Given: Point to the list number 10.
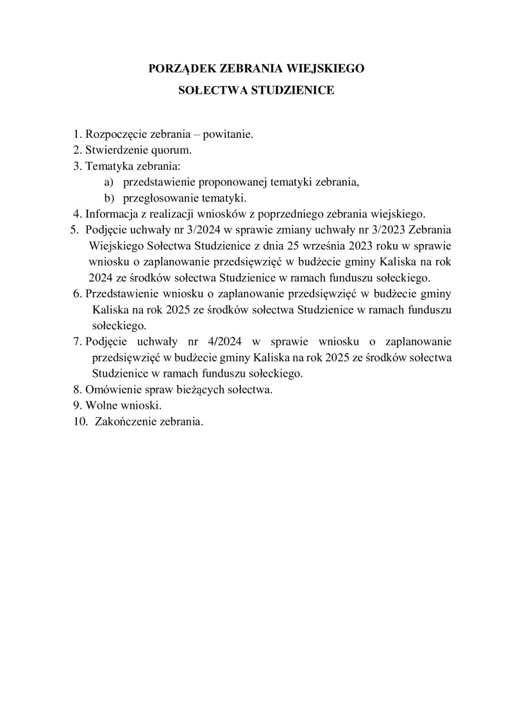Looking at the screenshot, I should coord(80,422).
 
